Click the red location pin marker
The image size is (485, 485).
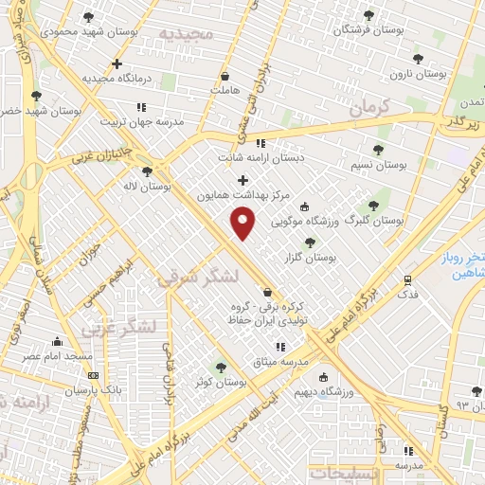click(x=243, y=223)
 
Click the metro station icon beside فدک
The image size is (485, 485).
click(x=407, y=280)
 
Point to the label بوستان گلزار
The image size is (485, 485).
click(x=310, y=258)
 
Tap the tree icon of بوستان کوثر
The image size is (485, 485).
click(x=221, y=368)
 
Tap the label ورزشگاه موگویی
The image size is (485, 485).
click(x=307, y=223)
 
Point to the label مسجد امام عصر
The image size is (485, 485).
click(x=59, y=355)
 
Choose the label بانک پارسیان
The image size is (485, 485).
click(x=66, y=388)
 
